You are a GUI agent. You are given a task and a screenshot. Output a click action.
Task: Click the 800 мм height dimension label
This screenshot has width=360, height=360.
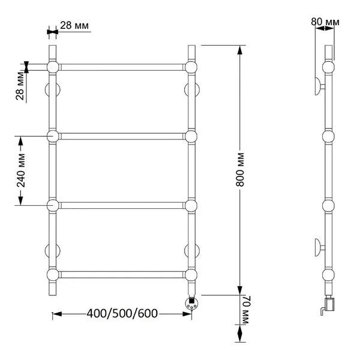[240, 169]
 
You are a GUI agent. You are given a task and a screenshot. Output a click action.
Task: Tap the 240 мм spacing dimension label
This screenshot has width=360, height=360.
[21, 170]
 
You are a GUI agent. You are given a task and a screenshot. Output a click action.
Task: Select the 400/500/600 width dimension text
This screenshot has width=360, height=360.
[122, 313]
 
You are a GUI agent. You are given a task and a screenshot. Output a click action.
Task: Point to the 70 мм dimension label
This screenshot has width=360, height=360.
[245, 310]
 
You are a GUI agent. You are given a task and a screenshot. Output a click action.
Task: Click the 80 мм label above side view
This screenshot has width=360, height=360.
[325, 22]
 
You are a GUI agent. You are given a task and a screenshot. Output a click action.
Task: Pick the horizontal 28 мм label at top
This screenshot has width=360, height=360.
[74, 25]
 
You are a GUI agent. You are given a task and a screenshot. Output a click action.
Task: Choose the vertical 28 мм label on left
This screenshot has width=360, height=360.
[20, 86]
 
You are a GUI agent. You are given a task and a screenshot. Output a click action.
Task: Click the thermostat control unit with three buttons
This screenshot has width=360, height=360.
[191, 303]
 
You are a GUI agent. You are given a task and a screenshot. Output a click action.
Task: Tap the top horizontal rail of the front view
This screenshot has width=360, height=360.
[122, 67]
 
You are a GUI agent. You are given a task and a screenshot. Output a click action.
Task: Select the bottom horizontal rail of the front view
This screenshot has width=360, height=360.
[122, 275]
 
